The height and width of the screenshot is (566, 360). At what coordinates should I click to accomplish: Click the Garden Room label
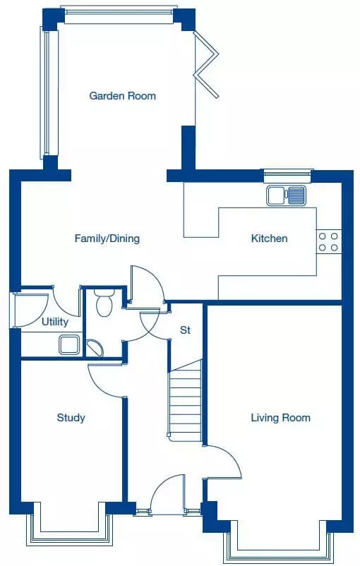coord(122,96)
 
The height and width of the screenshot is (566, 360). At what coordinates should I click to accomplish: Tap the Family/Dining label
coord(107,239)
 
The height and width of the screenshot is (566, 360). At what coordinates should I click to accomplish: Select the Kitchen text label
coord(270,239)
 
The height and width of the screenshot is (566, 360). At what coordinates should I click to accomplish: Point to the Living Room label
coord(280,418)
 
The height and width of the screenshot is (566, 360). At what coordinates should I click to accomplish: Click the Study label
coord(71,418)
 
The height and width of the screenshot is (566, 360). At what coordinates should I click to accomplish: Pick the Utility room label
coord(55,322)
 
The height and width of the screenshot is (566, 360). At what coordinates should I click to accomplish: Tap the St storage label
coord(185,330)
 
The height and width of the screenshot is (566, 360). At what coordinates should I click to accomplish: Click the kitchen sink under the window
coord(286,195)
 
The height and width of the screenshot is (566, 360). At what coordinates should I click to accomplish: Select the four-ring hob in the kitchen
coord(328,242)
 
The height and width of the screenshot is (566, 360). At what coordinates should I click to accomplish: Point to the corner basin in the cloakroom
coord(95,348)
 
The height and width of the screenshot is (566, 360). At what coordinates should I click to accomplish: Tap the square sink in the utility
coord(69,344)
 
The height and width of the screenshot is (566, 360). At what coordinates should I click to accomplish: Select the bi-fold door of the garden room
coord(206,65)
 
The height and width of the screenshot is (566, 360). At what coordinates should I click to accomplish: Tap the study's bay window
coord(70,531)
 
